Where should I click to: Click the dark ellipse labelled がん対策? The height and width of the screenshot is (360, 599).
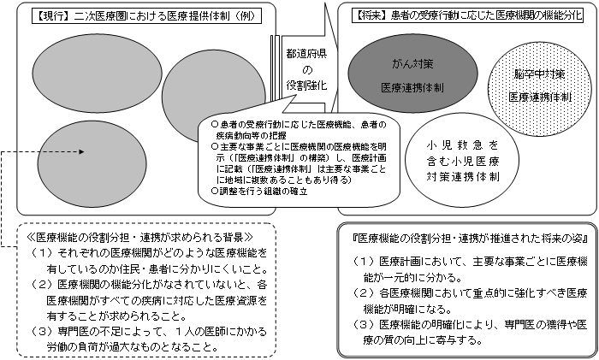point(407,75)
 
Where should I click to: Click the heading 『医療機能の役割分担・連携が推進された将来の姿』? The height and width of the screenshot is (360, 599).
point(466,237)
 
